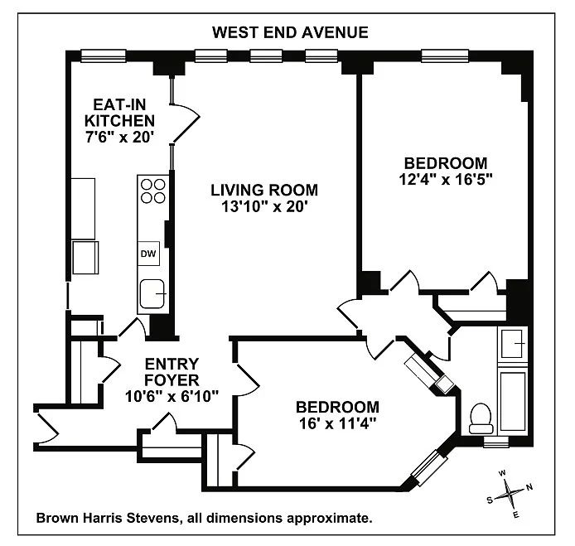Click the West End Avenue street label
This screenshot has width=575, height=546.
click(290, 32)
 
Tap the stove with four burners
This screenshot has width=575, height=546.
click(153, 191)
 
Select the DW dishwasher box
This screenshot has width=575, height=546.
click(148, 254)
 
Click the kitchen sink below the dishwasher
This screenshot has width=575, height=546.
click(152, 294)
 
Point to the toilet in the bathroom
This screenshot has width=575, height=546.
click(481, 418)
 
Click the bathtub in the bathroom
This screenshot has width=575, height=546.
click(513, 402)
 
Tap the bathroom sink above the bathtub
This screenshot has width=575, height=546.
click(512, 343)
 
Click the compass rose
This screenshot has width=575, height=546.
click(510, 494)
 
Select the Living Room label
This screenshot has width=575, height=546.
click(264, 190)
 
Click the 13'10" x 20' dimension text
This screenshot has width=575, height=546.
click(264, 207)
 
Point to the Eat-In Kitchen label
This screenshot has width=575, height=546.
click(119, 113)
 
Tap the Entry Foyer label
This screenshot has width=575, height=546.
click(172, 372)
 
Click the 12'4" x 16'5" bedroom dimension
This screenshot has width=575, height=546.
click(446, 180)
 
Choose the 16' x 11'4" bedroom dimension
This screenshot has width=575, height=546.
click(338, 424)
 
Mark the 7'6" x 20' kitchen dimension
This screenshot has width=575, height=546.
click(119, 138)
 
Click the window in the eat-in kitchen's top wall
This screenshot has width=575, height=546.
click(103, 56)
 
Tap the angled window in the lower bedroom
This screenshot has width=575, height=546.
click(425, 467)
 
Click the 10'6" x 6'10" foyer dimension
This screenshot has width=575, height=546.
click(172, 396)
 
